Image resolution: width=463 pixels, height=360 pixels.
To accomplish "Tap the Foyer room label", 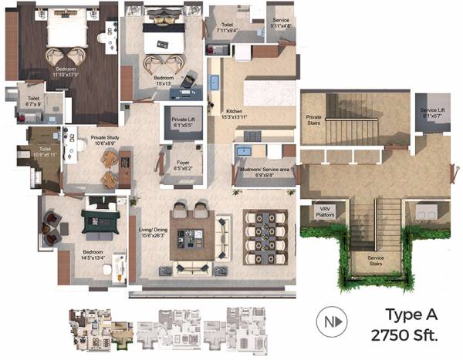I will [x=182, y=165].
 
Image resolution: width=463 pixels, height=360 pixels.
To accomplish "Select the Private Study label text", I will [x=104, y=140].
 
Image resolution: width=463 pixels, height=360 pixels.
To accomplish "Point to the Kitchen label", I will [x=235, y=113].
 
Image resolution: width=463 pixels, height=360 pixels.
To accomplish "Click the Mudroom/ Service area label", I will [x=264, y=171].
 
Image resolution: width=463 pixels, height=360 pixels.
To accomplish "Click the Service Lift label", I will [x=433, y=113].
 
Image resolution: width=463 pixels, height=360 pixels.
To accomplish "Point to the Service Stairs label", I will [x=376, y=260].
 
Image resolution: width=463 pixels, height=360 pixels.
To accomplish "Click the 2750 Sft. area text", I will [x=404, y=335].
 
